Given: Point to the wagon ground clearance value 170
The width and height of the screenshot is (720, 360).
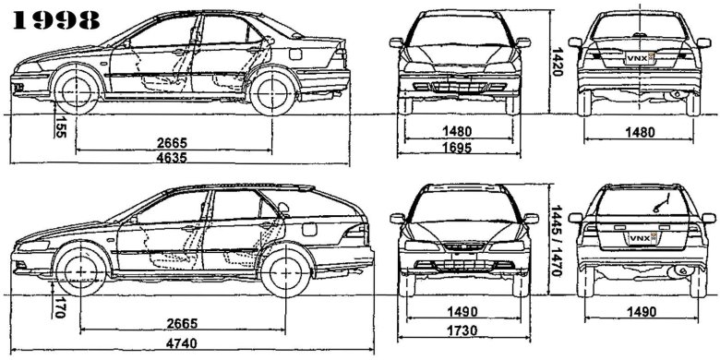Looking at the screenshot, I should [x=61, y=306].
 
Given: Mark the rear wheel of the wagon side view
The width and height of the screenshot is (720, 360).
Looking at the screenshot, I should [x=282, y=273].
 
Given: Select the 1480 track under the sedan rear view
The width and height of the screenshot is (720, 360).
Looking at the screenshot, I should [x=641, y=132].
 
